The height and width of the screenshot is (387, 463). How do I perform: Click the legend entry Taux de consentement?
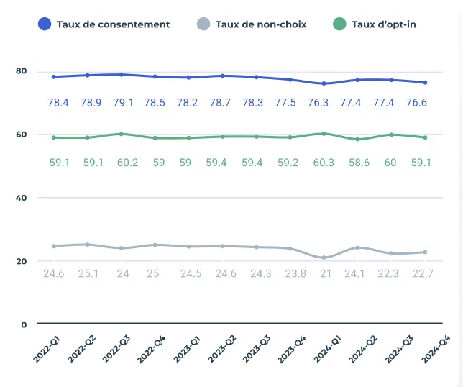click(113, 24)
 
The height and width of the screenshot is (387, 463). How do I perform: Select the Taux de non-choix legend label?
click(260, 24)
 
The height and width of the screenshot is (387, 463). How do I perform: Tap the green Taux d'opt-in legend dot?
click(340, 24)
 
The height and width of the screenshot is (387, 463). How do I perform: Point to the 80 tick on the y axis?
click(21, 71)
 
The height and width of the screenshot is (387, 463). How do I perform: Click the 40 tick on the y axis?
click(21, 198)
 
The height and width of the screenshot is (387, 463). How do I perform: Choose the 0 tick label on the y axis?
click(24, 324)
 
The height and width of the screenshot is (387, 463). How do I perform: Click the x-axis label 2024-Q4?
click(438, 350)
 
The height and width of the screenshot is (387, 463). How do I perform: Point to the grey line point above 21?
click(324, 258)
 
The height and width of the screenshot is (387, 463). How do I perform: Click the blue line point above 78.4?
click(54, 76)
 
